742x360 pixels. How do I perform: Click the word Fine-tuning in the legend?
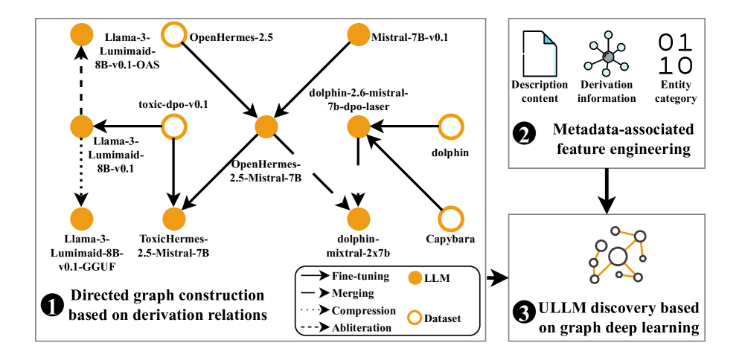tap(360, 276)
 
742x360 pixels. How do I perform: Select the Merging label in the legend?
tap(353, 293)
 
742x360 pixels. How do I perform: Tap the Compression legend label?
tap(364, 311)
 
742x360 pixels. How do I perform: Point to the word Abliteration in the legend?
tap(362, 327)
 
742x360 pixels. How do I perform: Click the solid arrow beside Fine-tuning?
tap(315, 276)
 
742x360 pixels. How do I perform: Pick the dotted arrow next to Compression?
tap(315, 311)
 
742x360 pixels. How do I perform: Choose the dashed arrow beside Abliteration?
tap(315, 327)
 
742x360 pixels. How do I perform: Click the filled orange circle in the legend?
tap(415, 278)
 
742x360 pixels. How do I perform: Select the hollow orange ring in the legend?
tap(415, 318)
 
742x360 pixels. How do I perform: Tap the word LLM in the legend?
tap(437, 278)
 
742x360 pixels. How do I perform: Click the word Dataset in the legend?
tap(443, 318)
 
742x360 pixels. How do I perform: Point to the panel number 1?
tap(52, 306)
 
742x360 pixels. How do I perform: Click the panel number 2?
tap(524, 135)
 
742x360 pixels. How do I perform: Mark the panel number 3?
tap(524, 314)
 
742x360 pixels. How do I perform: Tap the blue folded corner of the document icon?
tap(549, 38)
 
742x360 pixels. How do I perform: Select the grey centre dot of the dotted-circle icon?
tap(608, 57)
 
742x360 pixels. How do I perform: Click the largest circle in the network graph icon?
tap(617, 257)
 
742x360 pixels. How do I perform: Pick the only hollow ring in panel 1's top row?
tap(174, 34)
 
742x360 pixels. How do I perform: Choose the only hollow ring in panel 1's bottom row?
tap(450, 219)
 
